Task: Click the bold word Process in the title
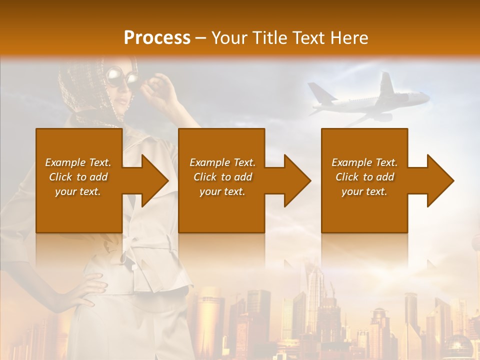click(157, 38)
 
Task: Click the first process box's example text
click(78, 177)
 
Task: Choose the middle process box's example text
click(222, 177)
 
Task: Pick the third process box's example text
click(364, 177)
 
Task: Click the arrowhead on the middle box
click(298, 180)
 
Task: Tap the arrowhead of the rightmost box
click(441, 180)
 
